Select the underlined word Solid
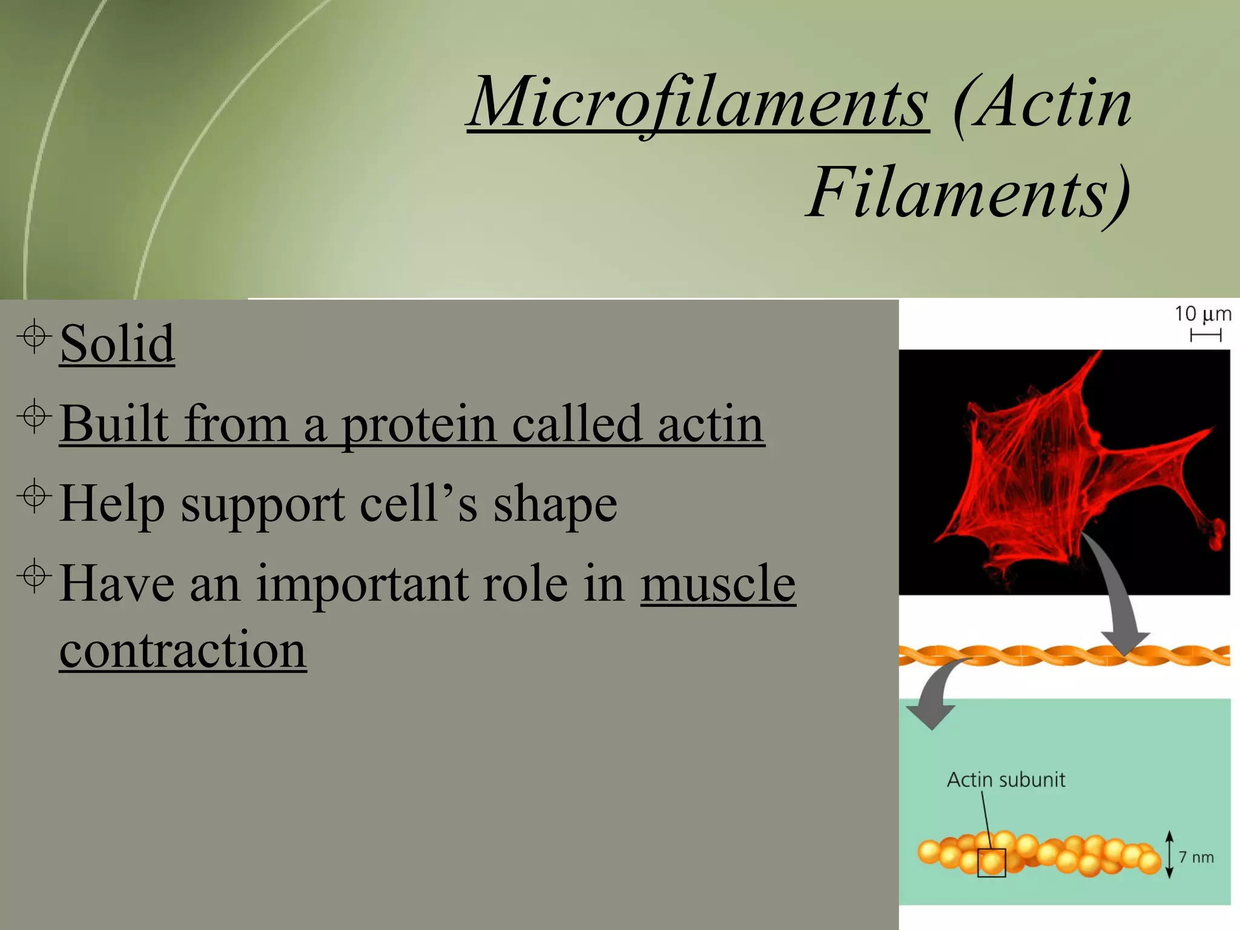click(x=117, y=343)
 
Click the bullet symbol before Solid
click(x=35, y=335)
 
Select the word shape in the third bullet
click(x=555, y=504)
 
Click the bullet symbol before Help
click(x=35, y=496)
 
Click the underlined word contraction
click(x=183, y=650)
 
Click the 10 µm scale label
click(x=1202, y=314)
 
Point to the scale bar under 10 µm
click(x=1205, y=335)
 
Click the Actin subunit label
click(x=1006, y=780)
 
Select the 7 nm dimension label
click(x=1196, y=857)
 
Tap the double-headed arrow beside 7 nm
click(x=1169, y=854)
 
